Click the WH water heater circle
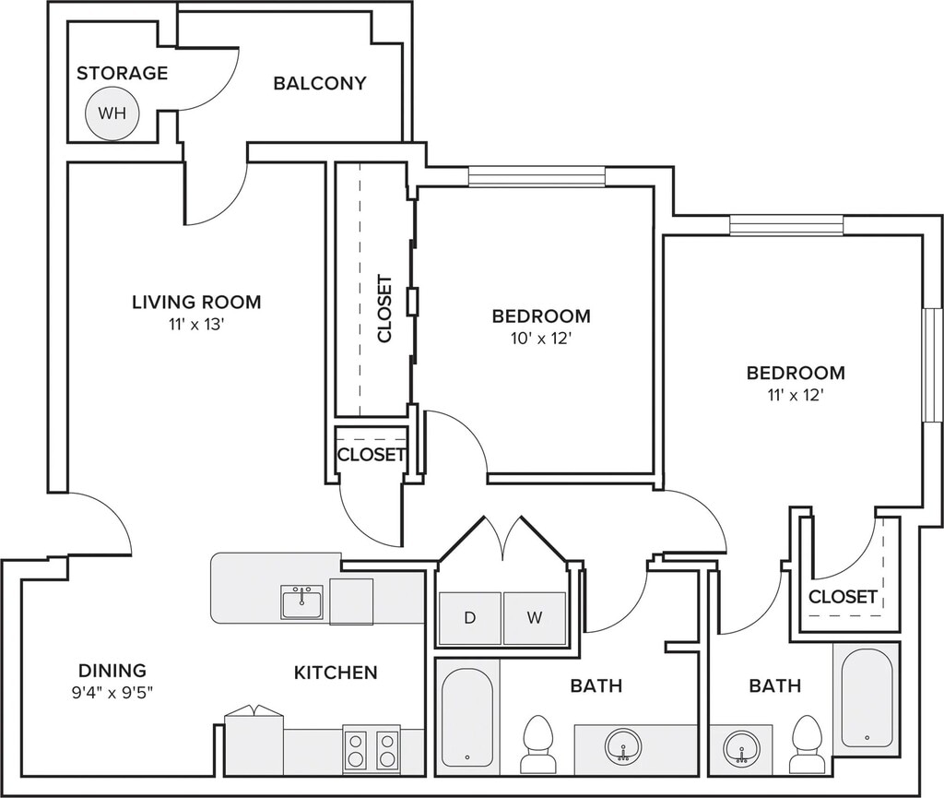tap(112, 113)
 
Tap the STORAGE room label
tap(123, 73)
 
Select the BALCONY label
tap(320, 83)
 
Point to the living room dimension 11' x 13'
tap(197, 326)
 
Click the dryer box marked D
tap(470, 618)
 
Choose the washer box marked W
tap(535, 618)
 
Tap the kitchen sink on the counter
tap(301, 601)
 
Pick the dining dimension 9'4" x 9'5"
tap(112, 693)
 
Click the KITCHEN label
tap(336, 673)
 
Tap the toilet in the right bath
tap(808, 744)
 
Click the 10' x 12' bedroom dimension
tap(540, 339)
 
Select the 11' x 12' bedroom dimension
tap(795, 396)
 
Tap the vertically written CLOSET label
tap(384, 308)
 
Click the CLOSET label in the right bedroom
tap(843, 597)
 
